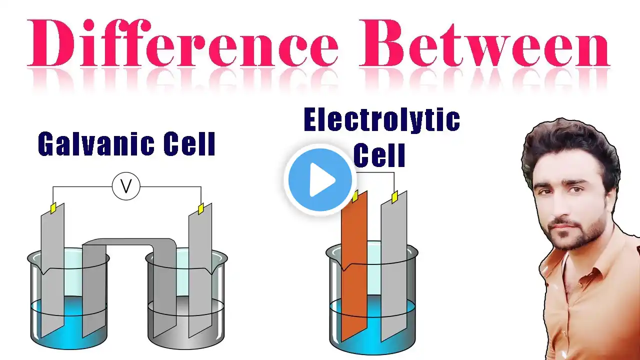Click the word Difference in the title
[182, 43]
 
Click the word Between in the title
[484, 43]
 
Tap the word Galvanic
[95, 143]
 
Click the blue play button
[320, 179]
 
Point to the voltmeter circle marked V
[126, 186]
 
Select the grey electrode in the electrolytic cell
[394, 265]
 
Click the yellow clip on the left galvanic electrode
[53, 208]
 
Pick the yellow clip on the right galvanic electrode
[201, 209]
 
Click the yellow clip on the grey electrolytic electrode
[395, 197]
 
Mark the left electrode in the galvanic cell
[52, 270]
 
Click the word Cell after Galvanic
[189, 143]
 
